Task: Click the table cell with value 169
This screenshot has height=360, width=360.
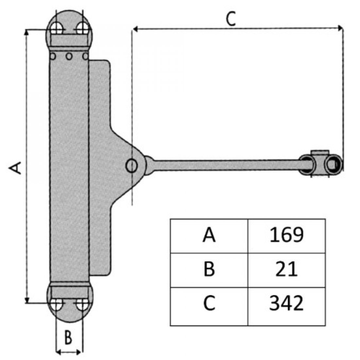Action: coord(286,235)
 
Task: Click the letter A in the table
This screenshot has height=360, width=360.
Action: coord(209,235)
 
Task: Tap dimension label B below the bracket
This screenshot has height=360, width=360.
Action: coord(68,337)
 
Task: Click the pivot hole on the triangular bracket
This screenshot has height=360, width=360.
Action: coord(132,166)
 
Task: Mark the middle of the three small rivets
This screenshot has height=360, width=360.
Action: coord(69,56)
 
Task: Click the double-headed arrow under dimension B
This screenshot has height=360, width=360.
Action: coord(69,352)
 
